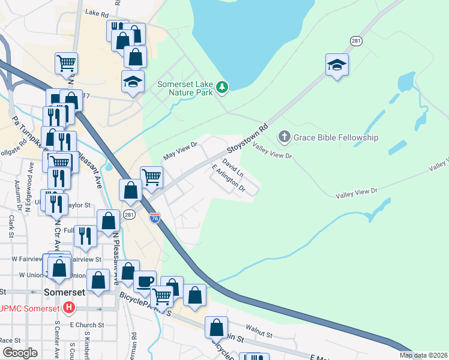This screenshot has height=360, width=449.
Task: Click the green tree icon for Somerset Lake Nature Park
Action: (223, 88)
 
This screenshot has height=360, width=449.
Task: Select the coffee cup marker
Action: (145, 280)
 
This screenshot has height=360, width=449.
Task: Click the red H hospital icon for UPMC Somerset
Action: (69, 308)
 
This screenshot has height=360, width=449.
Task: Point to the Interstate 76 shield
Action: (155, 218)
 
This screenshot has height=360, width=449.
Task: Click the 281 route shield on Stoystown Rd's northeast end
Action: (356, 40)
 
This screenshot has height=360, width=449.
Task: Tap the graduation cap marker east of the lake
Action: (337, 64)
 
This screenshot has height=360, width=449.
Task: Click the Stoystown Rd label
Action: (246, 139)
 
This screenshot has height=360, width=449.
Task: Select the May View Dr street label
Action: (180, 150)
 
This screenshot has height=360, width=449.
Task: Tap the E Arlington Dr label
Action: (229, 179)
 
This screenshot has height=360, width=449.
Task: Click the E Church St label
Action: (86, 325)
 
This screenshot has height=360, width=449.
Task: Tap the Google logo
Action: (20, 353)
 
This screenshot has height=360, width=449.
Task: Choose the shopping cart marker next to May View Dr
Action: (151, 176)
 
